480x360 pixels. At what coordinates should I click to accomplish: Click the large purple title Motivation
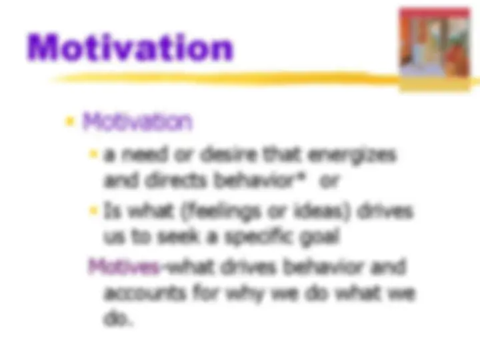coord(131,48)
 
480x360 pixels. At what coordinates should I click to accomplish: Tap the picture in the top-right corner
coord(434,41)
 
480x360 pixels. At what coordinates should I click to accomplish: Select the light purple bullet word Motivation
coord(137,121)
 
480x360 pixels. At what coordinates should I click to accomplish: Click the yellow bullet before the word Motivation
coord(69,122)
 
